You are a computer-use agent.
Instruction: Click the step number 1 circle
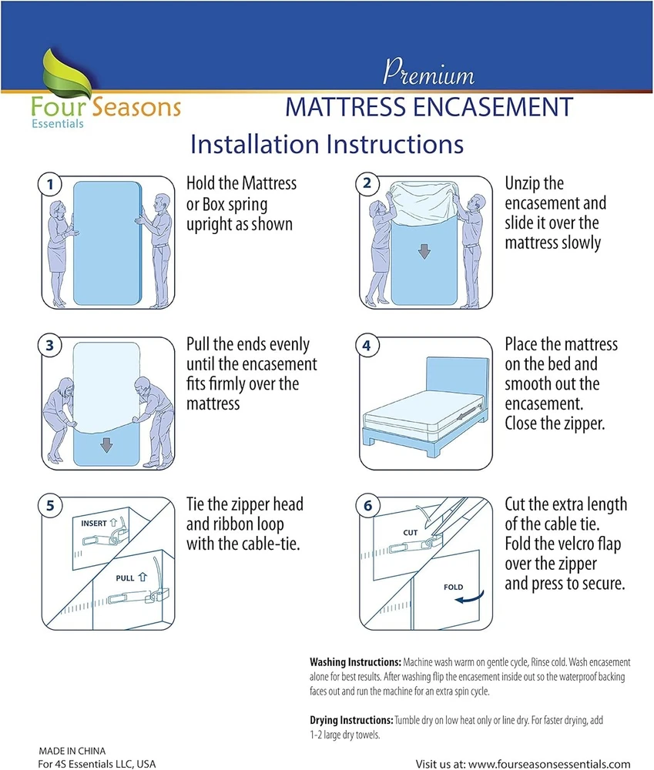50,185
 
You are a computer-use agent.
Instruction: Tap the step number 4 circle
367,346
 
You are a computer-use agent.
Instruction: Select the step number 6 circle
367,506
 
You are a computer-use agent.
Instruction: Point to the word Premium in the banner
428,72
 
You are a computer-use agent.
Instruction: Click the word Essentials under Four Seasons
58,124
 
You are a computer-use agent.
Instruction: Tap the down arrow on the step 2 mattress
424,252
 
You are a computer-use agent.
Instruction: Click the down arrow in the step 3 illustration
106,445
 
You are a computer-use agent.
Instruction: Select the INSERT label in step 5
94,524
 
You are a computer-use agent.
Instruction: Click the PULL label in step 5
125,578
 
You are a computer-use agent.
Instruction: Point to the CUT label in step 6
411,532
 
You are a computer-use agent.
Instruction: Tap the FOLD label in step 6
453,587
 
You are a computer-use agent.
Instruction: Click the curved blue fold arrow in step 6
471,598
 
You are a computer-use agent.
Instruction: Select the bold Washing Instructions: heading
355,662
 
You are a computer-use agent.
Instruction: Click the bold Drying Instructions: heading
351,720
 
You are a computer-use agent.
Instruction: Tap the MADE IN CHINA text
72,751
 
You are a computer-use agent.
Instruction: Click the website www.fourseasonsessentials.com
549,764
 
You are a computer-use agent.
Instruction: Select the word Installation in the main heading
255,144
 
